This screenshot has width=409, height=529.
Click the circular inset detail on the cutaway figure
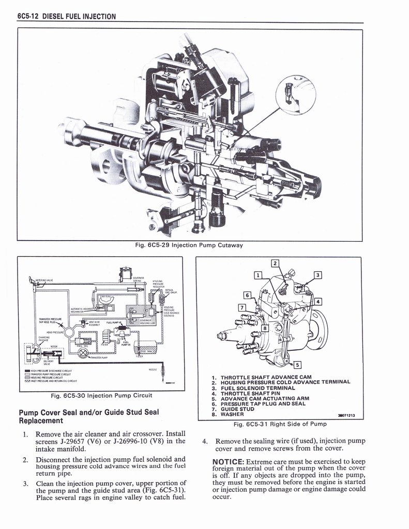click(x=295, y=93)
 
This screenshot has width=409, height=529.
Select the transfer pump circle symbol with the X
click(x=82, y=353)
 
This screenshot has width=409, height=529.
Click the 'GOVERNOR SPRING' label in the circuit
click(x=138, y=279)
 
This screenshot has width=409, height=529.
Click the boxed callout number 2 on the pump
click(x=275, y=263)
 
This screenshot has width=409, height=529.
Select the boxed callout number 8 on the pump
click(x=265, y=328)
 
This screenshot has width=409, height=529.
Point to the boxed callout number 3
click(x=318, y=274)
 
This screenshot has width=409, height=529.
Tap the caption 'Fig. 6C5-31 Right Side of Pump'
click(x=280, y=424)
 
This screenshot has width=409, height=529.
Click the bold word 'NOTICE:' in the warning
click(x=229, y=461)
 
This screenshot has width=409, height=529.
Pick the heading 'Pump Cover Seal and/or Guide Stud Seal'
click(x=88, y=412)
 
